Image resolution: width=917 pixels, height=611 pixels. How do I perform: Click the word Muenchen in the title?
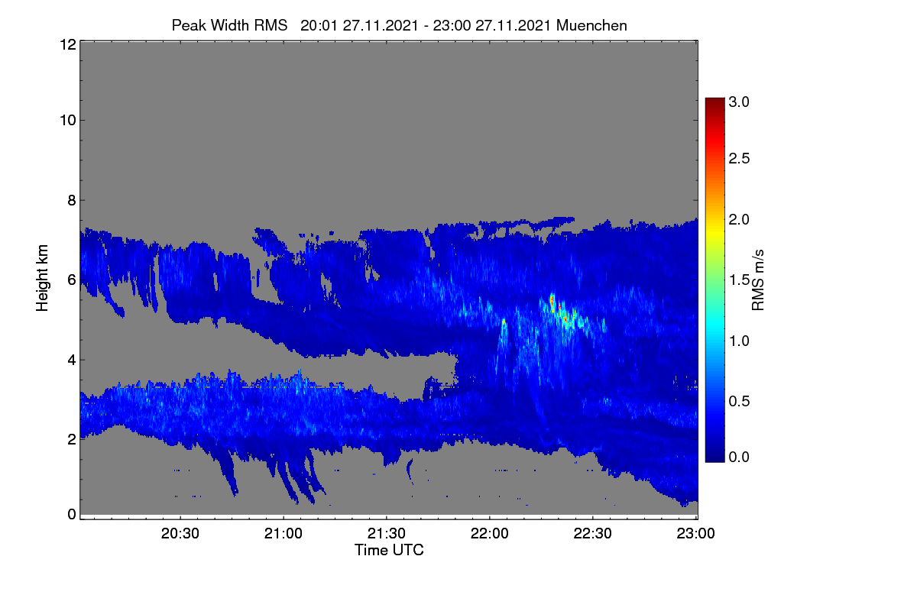coord(591,25)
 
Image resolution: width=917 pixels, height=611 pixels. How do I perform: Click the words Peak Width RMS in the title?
coord(229,25)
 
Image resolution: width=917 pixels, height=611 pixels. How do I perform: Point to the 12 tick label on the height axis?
coord(68,44)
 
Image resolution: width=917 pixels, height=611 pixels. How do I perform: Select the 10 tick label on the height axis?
coord(68,121)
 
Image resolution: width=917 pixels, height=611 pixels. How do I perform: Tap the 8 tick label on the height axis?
coord(72,201)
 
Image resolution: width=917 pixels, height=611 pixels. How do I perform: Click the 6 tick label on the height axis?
coord(72,280)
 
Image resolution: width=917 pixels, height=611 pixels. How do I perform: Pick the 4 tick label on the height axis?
coord(72,360)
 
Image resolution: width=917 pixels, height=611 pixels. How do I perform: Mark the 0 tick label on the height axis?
coord(72,515)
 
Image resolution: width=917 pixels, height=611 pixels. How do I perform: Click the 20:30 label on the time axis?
coord(180,533)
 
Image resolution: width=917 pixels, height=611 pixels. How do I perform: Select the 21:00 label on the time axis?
coord(283,533)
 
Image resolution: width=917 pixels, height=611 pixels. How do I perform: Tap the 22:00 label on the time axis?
coord(489,533)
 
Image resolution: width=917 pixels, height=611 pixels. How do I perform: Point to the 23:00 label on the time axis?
coord(695,533)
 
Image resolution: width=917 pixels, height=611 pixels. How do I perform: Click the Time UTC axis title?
coord(389,550)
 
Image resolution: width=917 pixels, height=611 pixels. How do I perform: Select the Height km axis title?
coord(42,278)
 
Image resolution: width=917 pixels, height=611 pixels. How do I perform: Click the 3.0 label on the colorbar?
coord(739,102)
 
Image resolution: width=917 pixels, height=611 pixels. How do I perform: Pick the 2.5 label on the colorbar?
coord(739,158)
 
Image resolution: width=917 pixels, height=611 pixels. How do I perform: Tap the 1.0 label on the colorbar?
coord(739,341)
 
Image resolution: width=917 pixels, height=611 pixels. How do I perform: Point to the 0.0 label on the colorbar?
coord(739,457)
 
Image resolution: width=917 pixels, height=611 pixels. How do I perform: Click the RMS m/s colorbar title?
coord(758,280)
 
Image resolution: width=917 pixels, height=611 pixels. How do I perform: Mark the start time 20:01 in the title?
coord(319,25)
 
